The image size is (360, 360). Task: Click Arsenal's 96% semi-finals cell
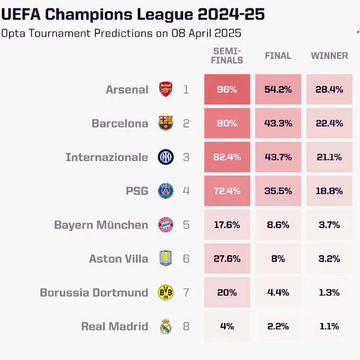[x=227, y=89]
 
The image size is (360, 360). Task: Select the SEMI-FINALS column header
[x=227, y=55]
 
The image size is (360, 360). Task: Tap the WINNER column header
[x=329, y=56]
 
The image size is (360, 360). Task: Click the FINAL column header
[x=278, y=56]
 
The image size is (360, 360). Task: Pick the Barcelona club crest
[x=166, y=123]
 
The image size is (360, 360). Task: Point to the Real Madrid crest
[x=166, y=326]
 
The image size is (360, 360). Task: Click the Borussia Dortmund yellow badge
[x=166, y=292]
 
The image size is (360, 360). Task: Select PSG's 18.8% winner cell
[x=329, y=191]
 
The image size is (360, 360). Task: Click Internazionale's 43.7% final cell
[x=278, y=157]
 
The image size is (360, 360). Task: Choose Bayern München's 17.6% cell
[x=227, y=225]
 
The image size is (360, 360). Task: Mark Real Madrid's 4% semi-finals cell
[x=227, y=326]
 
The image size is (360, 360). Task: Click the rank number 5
[x=186, y=225]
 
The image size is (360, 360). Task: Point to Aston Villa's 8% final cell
[x=278, y=259]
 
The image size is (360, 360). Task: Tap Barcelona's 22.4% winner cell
[x=329, y=123]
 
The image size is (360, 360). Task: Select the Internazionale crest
[x=166, y=157]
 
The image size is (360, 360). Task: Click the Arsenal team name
[x=127, y=89]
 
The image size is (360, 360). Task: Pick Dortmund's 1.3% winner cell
[x=329, y=292]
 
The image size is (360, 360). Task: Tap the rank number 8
[x=186, y=326]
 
